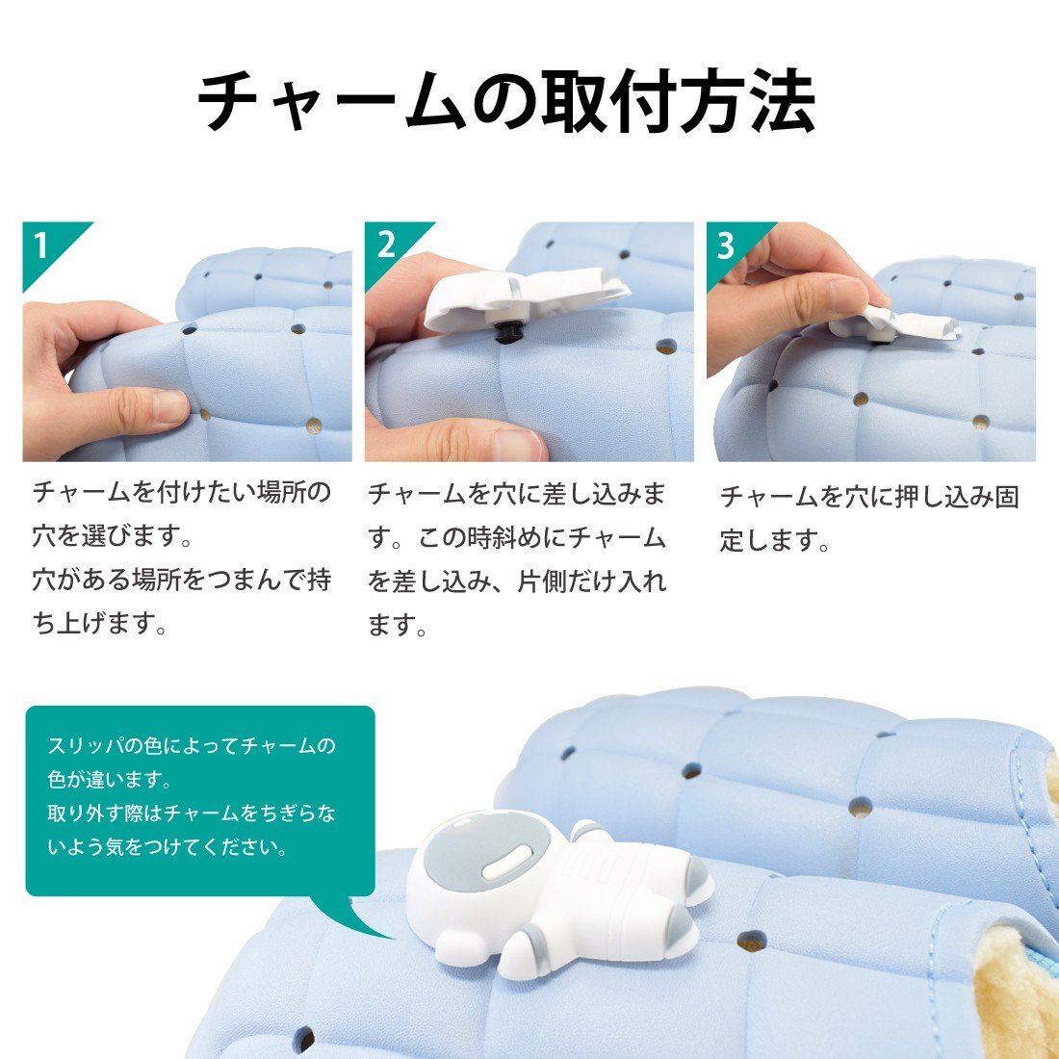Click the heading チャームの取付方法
[x=506, y=100]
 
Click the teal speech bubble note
[x=200, y=801]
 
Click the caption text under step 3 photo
[x=869, y=518]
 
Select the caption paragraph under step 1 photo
[x=182, y=557]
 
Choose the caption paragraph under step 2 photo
[x=517, y=558]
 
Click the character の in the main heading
[x=504, y=101]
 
